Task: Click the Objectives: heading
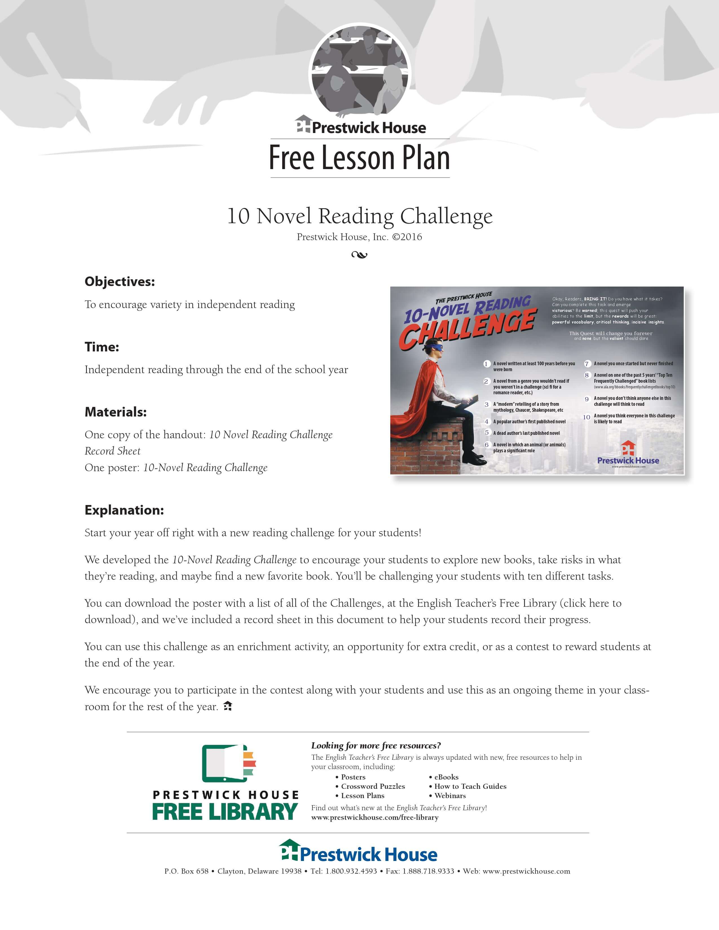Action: pos(120,282)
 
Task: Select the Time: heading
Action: pos(102,347)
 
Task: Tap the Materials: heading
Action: pos(115,412)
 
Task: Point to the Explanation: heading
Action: pos(124,510)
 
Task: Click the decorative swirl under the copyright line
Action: pos(359,255)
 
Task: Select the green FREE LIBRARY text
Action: pos(225,812)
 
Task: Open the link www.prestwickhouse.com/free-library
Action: pos(375,817)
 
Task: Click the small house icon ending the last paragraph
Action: pos(228,706)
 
